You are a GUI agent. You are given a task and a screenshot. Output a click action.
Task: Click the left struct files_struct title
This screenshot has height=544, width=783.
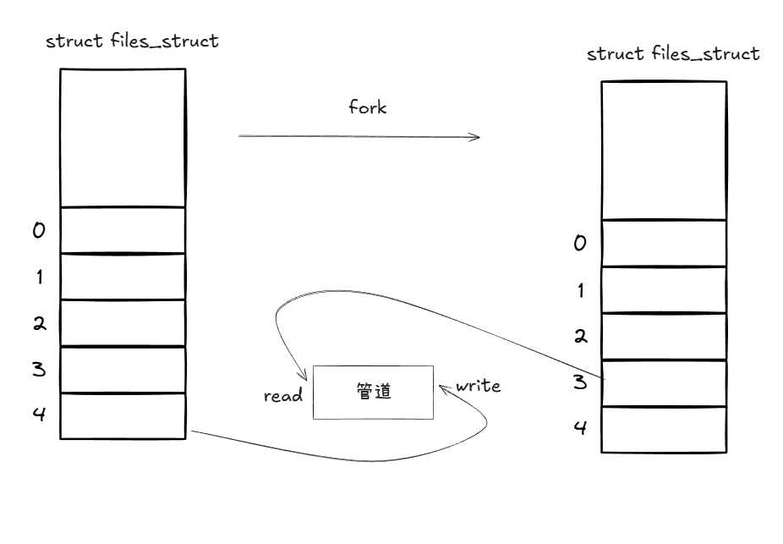point(132,41)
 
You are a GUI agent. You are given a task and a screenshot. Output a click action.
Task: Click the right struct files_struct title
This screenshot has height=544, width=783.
point(673,54)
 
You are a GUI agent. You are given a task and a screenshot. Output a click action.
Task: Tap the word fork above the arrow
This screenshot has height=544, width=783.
point(368,107)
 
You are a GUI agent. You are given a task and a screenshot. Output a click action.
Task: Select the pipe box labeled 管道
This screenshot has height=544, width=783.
point(373,392)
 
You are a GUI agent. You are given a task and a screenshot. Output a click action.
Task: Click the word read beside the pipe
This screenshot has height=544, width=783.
point(283,395)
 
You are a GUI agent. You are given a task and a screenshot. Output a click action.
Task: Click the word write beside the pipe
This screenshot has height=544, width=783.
point(479,386)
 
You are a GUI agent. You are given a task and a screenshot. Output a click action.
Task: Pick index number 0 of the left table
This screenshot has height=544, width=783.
point(39,230)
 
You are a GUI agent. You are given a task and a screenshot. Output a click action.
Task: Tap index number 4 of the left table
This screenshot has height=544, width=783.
point(39,415)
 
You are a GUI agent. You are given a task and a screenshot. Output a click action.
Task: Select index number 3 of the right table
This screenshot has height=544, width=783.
point(580,382)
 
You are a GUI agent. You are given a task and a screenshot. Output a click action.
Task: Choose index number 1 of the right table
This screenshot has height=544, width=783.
point(580,290)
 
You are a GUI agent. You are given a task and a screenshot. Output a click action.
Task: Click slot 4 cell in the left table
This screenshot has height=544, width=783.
point(123,415)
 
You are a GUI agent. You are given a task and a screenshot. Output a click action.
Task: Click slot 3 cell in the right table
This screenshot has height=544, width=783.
point(664,382)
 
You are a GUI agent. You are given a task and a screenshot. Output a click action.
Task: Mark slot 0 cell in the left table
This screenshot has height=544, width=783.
point(123,230)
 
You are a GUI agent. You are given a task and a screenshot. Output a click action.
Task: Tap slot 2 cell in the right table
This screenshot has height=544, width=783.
point(664,336)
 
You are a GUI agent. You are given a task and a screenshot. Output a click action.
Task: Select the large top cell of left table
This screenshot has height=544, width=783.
point(123,138)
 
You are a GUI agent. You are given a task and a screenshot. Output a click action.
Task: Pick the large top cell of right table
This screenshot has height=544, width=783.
point(664,150)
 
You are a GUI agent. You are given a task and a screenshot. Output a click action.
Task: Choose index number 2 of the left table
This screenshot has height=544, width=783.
point(39,323)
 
